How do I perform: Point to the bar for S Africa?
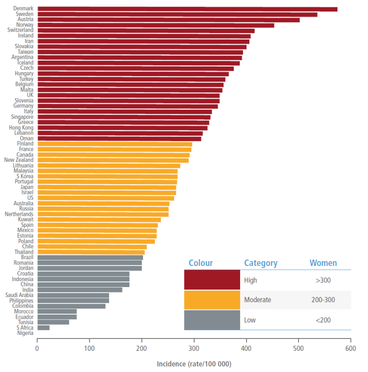pos(43,328)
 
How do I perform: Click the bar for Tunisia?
pos(53,322)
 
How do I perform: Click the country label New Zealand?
pos(19,160)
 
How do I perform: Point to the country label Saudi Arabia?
pos(19,295)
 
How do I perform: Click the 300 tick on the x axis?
pos(194,348)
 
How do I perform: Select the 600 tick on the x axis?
pos(351,348)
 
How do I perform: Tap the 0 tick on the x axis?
pos(37,348)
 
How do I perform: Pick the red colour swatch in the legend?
pos(212,280)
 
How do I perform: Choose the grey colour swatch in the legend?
pos(212,320)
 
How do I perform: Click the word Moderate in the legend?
pos(258,300)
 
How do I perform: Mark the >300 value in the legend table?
pos(323,280)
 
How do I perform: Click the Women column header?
pos(323,263)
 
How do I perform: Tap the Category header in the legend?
pos(261,263)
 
